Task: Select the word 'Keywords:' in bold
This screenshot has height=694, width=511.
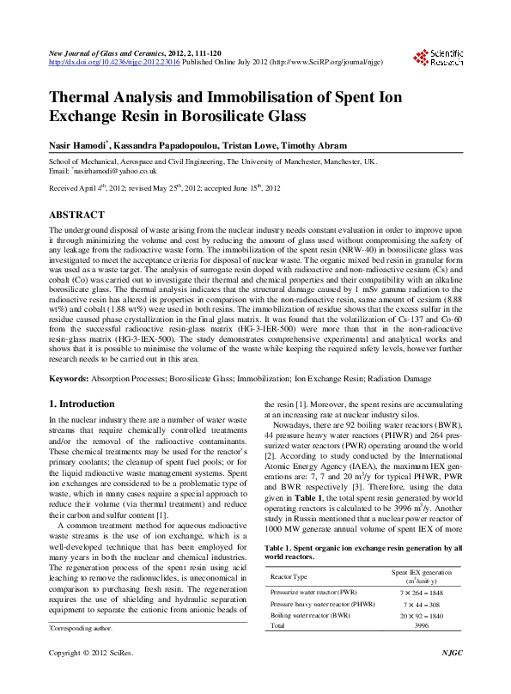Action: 69,378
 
